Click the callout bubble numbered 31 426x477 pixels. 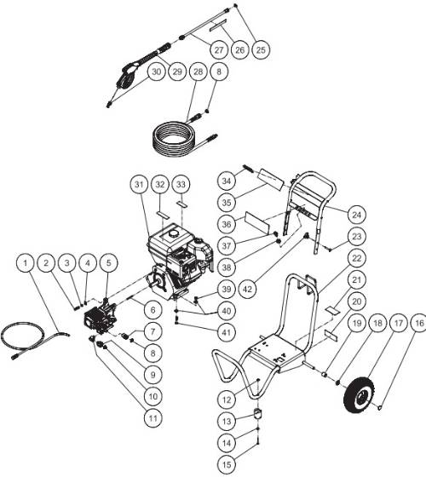(139, 185)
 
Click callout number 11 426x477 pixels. (153, 418)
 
